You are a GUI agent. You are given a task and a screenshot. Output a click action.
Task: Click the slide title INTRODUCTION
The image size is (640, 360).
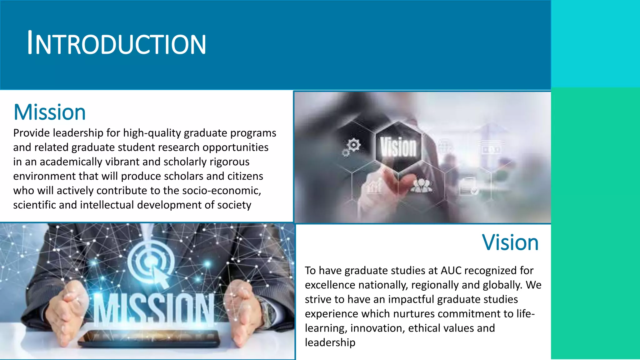116,43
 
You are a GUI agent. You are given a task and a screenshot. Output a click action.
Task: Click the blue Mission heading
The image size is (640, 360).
50,112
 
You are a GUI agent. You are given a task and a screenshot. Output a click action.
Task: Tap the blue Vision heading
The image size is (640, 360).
510,242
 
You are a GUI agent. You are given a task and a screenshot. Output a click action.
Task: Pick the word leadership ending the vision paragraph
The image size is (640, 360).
330,342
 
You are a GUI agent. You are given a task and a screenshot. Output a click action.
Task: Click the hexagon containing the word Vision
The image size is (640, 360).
398,147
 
